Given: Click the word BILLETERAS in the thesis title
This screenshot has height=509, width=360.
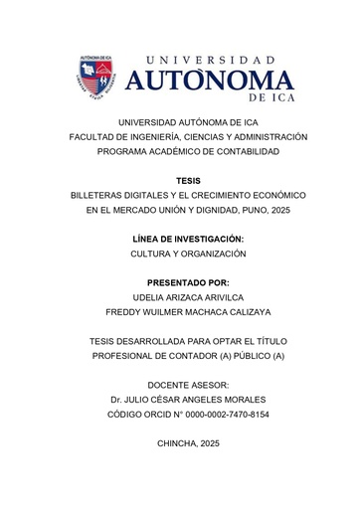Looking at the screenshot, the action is pyautogui.click(x=95, y=196).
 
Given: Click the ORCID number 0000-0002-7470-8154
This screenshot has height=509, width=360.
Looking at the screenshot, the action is pyautogui.click(x=224, y=414).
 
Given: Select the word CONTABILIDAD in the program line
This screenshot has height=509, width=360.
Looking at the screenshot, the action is pyautogui.click(x=246, y=151).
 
